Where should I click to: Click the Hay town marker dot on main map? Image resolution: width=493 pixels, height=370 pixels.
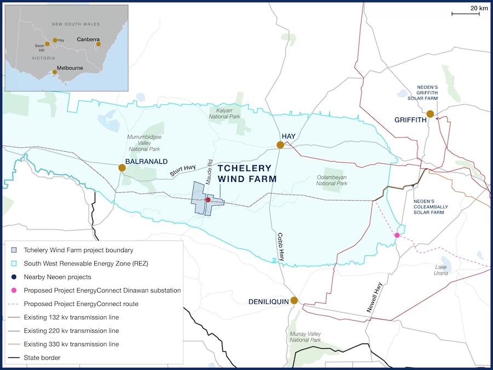(x=280, y=145)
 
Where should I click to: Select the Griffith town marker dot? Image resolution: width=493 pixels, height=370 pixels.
(x=431, y=114)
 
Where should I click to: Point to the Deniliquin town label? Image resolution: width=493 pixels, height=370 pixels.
(x=268, y=301)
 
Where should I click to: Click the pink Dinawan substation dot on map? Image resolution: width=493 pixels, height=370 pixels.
(x=397, y=235)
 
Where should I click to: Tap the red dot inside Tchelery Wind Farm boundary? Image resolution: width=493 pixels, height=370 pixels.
(x=208, y=200)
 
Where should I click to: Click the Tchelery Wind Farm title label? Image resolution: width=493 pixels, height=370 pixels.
(x=247, y=174)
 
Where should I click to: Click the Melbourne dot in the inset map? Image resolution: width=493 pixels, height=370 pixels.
(x=55, y=72)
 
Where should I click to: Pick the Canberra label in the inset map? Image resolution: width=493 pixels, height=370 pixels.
(x=88, y=39)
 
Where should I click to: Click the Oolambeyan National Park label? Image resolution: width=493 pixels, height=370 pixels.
(x=332, y=180)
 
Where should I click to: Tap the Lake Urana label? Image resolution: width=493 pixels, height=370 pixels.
(x=441, y=270)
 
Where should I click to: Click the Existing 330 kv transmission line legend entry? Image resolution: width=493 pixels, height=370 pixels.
(x=71, y=344)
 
